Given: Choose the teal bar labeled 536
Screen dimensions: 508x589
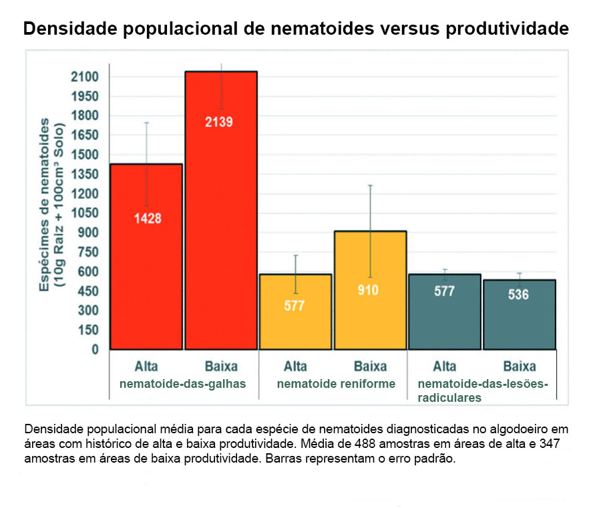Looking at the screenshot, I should point(520,314).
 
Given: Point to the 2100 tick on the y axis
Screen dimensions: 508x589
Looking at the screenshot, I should point(85,77).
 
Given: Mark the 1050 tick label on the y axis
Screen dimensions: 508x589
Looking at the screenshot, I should point(85,214).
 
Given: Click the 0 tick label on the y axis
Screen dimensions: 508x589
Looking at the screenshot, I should point(94,350).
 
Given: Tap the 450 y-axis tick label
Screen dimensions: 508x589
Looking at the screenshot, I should point(87,292).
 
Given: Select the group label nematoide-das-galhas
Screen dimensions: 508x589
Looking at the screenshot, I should point(182,384).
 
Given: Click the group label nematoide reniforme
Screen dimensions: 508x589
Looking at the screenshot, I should point(336,384).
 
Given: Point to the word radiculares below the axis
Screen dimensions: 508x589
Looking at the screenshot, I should point(449,397).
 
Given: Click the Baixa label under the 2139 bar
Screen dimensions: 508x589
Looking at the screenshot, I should point(221,366).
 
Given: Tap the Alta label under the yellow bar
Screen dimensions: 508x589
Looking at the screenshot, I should point(295,366).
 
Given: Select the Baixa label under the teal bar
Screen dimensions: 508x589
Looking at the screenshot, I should point(520,366).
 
